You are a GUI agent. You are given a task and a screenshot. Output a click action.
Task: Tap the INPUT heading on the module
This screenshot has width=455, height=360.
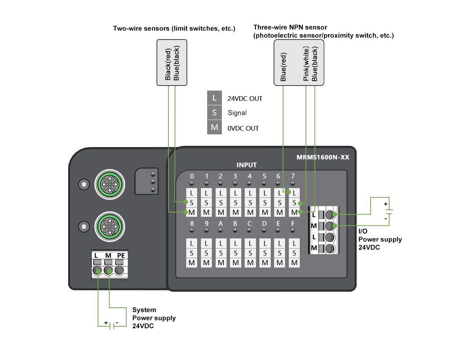[x=247, y=165]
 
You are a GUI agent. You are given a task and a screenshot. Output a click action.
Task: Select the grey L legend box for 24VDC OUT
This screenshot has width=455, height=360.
[x=215, y=98]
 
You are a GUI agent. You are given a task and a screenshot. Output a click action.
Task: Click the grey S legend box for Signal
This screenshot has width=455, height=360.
[x=215, y=113]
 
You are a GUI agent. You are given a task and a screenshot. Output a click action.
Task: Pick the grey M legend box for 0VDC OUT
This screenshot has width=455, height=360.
[x=215, y=127]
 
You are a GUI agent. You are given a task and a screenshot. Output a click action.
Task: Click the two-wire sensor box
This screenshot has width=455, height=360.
[x=172, y=62]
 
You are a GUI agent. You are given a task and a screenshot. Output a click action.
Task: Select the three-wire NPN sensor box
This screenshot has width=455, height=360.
[x=299, y=62]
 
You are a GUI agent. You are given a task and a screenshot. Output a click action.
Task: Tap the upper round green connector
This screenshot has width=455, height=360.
[x=110, y=184]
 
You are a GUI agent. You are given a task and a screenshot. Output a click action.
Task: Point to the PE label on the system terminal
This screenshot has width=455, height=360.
[x=120, y=255]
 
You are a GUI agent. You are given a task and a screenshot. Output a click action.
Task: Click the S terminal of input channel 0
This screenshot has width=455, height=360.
[x=191, y=202]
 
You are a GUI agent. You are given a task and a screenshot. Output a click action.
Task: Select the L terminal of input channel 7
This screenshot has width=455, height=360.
[x=294, y=192]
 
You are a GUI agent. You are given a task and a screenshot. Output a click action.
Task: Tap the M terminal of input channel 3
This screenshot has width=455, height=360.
[x=235, y=213]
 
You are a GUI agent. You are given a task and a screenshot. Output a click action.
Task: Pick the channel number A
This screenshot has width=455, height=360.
[x=221, y=224]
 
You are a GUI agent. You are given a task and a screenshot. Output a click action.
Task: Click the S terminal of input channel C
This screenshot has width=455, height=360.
[x=250, y=253]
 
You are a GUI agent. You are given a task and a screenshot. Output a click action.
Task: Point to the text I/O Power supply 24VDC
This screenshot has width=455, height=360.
[x=380, y=239]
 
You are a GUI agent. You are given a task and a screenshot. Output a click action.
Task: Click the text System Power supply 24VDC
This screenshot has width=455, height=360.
[x=154, y=318]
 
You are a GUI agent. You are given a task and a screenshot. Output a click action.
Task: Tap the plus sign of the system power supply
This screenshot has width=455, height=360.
[x=106, y=322]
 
